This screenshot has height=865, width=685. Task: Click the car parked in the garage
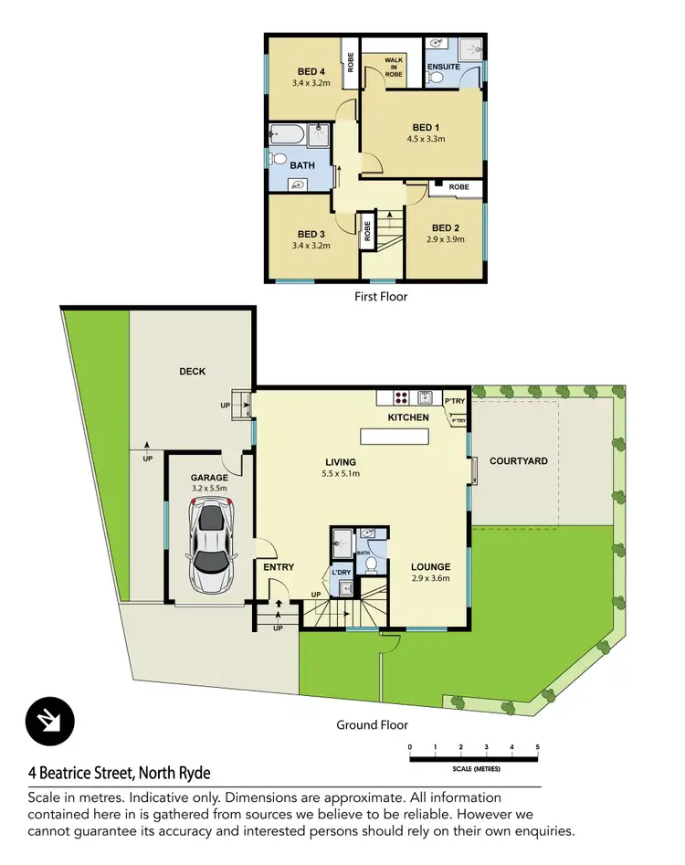[210, 547]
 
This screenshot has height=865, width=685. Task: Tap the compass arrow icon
[45, 722]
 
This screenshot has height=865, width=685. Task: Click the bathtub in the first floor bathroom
[289, 136]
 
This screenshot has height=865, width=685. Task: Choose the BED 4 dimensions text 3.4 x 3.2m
[311, 83]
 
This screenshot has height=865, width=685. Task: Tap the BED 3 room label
[311, 234]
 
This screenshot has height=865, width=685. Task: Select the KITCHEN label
[408, 417]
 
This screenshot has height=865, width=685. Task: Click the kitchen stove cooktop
[400, 397]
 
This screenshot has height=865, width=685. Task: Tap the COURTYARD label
[518, 461]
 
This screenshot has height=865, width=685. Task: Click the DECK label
[193, 372]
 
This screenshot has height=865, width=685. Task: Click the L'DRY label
[342, 573]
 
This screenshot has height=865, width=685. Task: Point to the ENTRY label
[279, 567]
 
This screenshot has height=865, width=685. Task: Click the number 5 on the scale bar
[538, 748]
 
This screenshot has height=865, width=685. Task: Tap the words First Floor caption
[380, 296]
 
